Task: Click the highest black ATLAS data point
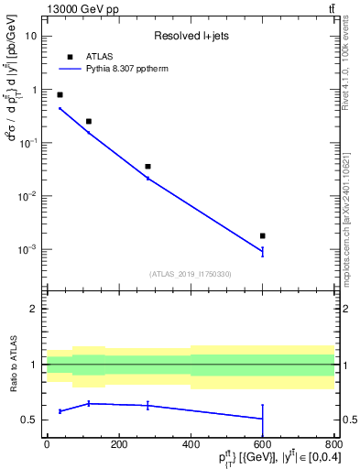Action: [60, 94]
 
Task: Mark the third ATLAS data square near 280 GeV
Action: [147, 167]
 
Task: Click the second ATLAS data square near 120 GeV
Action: [89, 121]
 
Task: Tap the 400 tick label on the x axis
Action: [191, 446]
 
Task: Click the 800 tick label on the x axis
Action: [334, 446]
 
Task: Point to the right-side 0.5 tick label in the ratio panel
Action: [348, 420]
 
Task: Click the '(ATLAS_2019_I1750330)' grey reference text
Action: [190, 274]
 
